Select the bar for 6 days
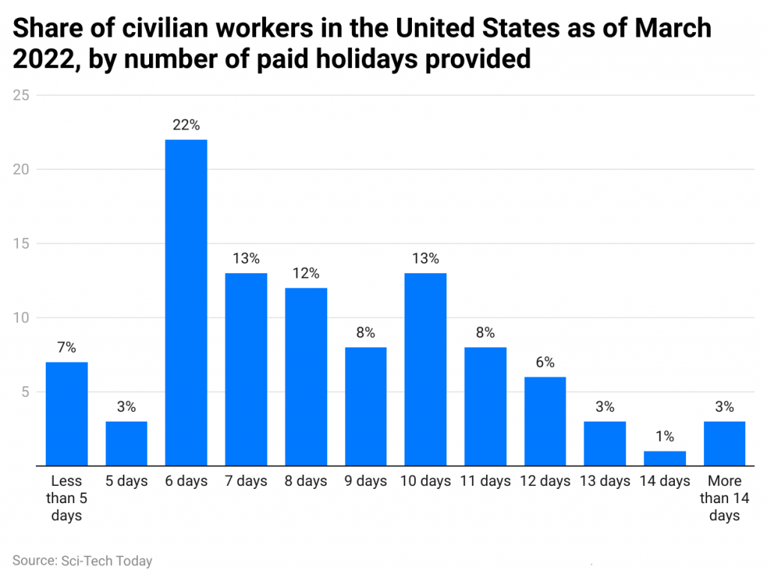pos(186,302)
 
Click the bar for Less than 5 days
pos(67,414)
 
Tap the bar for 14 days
pos(664,458)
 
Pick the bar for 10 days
pos(425,369)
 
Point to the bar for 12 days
pos(545,422)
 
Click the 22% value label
pos(186,126)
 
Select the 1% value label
pos(664,436)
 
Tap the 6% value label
pos(545,362)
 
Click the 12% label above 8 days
pos(306,273)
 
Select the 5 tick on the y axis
pos(25,392)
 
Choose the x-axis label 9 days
pos(366,481)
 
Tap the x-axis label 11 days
pos(485,481)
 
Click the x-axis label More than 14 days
pos(724,498)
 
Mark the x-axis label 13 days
pos(604,481)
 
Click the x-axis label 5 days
pos(127,481)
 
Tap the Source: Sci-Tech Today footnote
pos(82,560)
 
